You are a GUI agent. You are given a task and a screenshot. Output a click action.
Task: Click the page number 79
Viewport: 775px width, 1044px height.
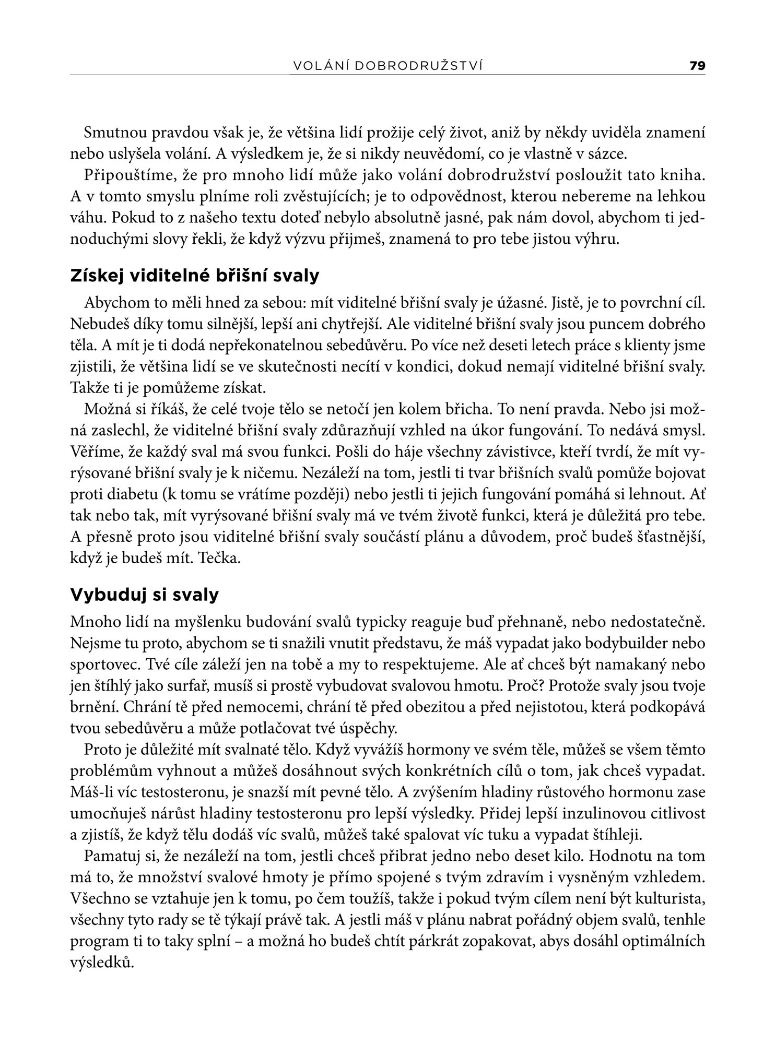coord(697,66)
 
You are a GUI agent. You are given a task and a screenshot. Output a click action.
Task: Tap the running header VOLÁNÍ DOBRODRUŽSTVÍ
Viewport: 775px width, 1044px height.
coord(387,66)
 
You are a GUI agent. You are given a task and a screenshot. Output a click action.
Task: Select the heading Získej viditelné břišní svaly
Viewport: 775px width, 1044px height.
coord(194,276)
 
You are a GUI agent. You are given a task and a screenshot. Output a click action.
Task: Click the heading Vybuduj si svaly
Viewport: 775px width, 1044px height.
coord(144,595)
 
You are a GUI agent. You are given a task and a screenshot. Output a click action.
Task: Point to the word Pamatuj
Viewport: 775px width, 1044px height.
coord(112,856)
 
